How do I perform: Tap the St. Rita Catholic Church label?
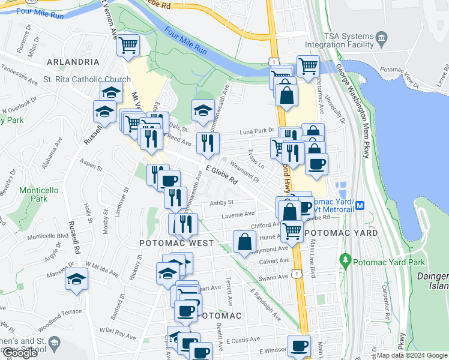tap(86, 79)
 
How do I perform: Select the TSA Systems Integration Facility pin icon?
tap(382, 41)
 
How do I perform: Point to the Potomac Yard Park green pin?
tap(345, 261)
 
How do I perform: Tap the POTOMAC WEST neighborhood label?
tap(176, 243)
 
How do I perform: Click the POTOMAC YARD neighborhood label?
tap(340, 233)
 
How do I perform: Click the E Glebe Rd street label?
tap(221, 175)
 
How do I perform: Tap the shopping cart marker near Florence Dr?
tap(128, 45)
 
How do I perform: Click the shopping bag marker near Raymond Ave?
tap(244, 243)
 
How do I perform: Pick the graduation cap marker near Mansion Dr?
tap(76, 280)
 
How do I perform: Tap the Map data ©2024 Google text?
tap(412, 355)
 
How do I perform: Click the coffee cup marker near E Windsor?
tap(298, 346)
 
